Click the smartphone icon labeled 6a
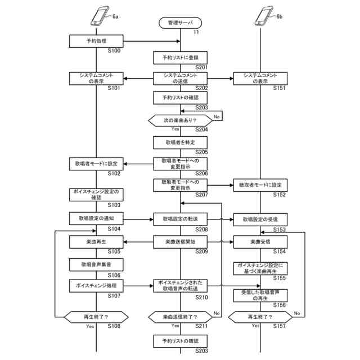point(100,16)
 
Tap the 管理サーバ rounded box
point(180,23)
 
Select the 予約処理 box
point(96,41)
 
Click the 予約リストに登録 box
point(180,57)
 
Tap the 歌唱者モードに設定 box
point(96,164)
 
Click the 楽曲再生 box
point(96,242)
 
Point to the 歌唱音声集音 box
point(96,263)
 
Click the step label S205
point(201,152)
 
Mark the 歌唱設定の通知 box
point(96,219)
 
